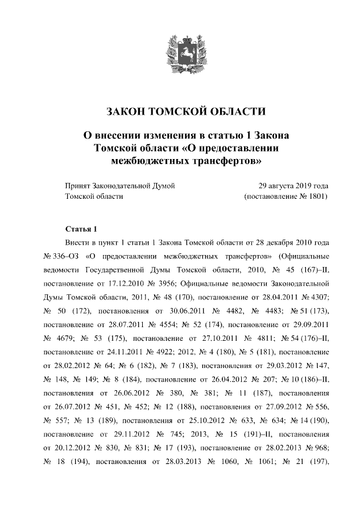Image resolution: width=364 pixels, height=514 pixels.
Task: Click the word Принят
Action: click(x=78, y=186)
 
